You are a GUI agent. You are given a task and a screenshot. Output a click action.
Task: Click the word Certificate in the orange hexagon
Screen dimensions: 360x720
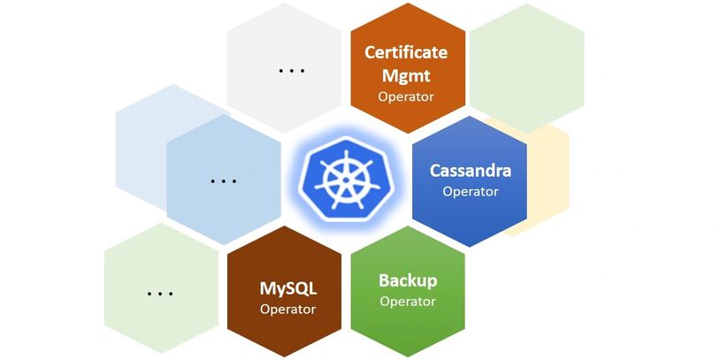406,52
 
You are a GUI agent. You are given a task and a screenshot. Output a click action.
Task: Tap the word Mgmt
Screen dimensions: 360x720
406,74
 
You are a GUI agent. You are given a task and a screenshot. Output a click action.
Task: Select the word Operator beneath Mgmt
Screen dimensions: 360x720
406,96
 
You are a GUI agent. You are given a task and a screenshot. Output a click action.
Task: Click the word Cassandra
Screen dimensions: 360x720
471,170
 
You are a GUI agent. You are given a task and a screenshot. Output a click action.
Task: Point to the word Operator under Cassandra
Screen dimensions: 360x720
471,190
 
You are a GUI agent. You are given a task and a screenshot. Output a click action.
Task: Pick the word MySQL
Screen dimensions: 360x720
287,288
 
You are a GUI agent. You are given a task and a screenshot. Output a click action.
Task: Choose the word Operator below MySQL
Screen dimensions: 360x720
287,309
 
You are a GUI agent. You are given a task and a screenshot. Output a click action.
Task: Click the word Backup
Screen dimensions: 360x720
408,280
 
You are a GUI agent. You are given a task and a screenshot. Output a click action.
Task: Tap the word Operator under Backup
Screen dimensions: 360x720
408,301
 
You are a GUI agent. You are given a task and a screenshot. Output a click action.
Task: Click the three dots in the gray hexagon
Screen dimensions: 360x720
291,70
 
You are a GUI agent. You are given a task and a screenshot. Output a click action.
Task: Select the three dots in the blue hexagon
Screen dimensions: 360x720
223,180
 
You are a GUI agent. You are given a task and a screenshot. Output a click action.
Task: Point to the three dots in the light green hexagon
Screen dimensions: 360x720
160,293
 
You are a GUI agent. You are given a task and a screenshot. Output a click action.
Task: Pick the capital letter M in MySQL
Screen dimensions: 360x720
268,288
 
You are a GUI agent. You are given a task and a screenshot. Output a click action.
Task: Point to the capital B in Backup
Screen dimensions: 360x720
385,280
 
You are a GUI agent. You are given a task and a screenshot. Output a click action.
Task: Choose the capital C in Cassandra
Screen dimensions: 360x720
435,170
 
